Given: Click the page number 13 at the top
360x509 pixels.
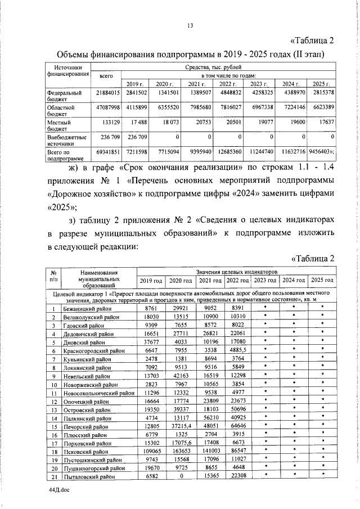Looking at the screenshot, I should coord(190,25).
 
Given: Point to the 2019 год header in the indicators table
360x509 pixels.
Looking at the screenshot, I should coord(151,280).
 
